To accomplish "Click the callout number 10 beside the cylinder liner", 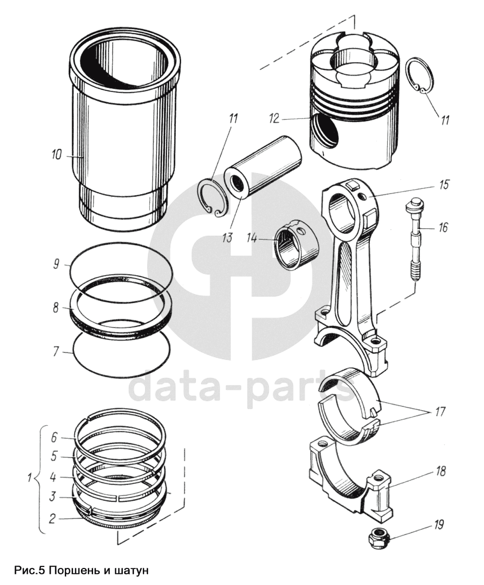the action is click(x=57, y=155).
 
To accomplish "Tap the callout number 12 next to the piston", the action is click(x=274, y=118).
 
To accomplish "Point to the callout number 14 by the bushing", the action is click(x=252, y=238).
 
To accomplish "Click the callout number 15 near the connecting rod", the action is click(x=443, y=185).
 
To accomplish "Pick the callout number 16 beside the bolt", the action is click(x=443, y=227).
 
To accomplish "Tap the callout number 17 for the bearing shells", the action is click(x=439, y=411).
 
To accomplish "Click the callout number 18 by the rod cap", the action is click(x=440, y=471).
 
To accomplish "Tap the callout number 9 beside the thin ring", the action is click(x=57, y=264).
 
